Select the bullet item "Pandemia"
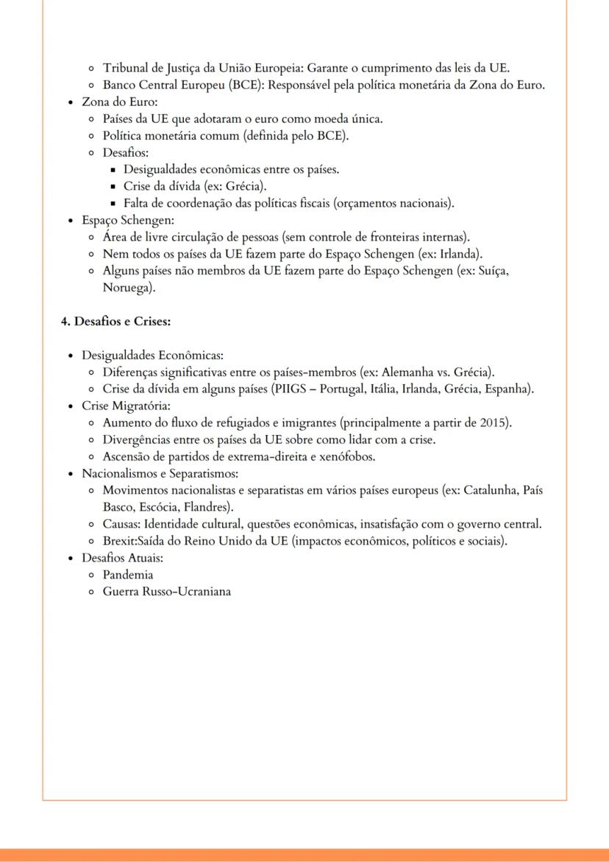coord(128,574)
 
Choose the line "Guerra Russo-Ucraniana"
coord(166,591)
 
